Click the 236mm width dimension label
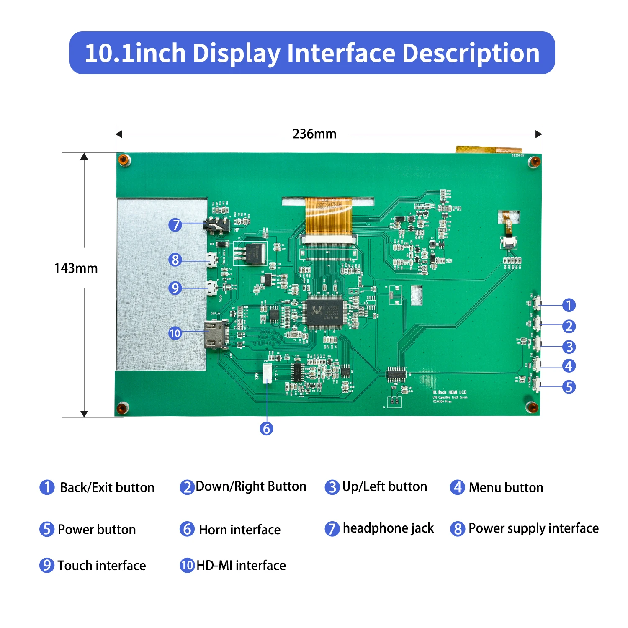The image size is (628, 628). [314, 134]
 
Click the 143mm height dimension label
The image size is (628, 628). [76, 268]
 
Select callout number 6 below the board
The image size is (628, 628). [266, 428]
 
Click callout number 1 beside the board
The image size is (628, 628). [569, 305]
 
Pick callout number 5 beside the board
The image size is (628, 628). [569, 387]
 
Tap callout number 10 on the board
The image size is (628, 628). [175, 333]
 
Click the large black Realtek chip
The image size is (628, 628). [324, 312]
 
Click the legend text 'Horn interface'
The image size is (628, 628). [239, 530]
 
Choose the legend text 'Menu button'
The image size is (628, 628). [506, 487]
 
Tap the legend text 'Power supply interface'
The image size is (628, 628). [533, 528]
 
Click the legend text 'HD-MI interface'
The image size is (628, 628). [241, 566]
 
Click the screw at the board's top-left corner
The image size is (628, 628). [124, 160]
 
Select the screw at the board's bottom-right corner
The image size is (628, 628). [532, 407]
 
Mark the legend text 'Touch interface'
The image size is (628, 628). [102, 566]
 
